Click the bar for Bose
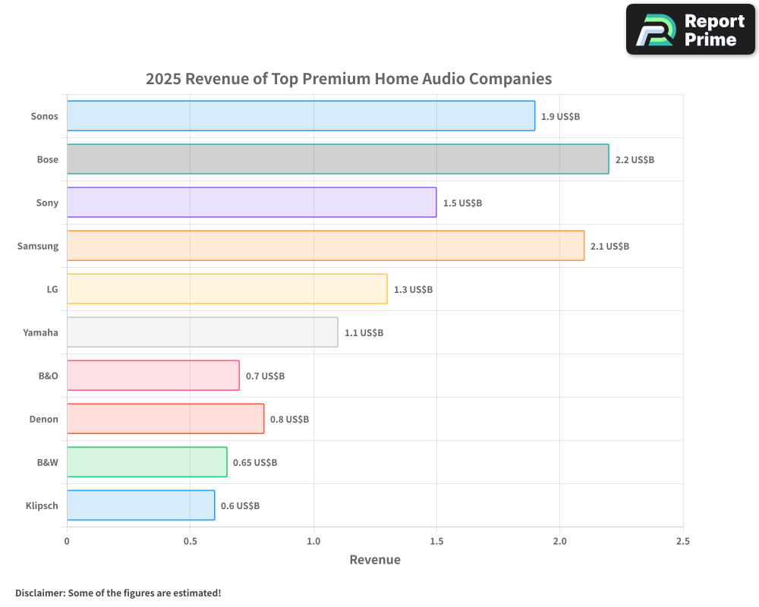338,159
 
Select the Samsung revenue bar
326,246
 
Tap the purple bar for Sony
251,203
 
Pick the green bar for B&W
146,462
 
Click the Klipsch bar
140,505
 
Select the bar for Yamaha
202,332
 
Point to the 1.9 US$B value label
560,117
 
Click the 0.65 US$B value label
255,463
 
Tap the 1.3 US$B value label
413,290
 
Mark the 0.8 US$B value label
289,420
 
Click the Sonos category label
44,116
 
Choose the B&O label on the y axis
48,376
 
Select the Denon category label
44,419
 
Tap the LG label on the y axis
52,289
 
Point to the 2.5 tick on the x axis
682,541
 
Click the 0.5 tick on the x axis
190,541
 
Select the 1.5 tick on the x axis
436,541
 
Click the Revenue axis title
375,560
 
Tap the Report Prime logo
690,30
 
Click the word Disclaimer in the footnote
39,593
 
